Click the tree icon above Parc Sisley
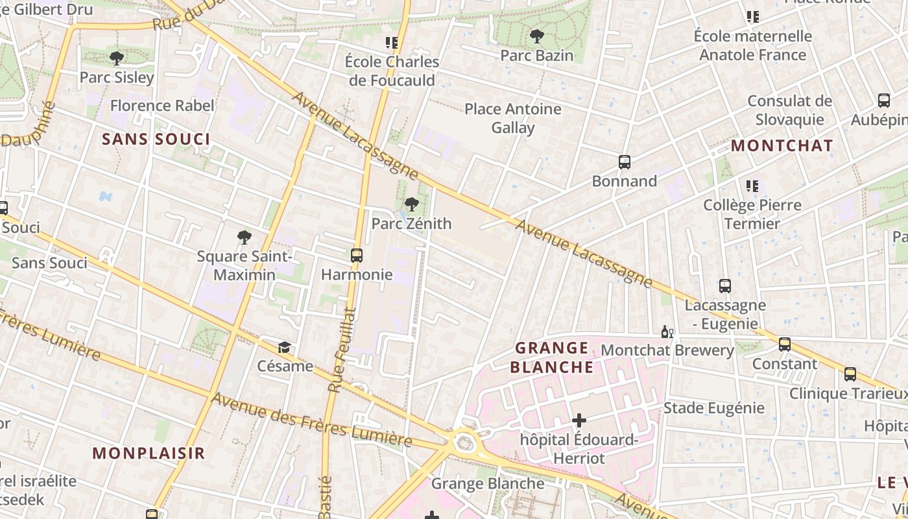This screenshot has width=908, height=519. tap(117, 58)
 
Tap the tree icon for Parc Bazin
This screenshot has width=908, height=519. tap(536, 36)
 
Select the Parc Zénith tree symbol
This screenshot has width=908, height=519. tap(411, 205)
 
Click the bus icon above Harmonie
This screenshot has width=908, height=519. tap(357, 256)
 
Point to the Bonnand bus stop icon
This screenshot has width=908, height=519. tap(625, 162)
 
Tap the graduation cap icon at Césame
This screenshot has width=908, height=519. tap(284, 348)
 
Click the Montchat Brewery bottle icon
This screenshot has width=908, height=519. tap(667, 332)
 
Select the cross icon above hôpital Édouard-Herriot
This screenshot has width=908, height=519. tap(579, 421)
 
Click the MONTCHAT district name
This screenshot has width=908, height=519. tap(782, 146)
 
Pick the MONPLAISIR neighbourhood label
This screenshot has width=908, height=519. tap(149, 453)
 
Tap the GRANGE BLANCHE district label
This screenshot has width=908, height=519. tap(552, 357)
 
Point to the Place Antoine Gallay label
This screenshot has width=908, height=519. tap(512, 117)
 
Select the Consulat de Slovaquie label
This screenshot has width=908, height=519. tap(789, 110)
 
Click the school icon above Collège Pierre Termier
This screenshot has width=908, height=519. tap(752, 186)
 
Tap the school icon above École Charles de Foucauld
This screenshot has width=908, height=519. tap(392, 43)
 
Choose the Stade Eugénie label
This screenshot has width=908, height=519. tap(713, 408)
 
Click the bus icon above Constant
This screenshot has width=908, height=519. tap(785, 344)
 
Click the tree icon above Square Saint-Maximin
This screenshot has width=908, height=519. tap(245, 237)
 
